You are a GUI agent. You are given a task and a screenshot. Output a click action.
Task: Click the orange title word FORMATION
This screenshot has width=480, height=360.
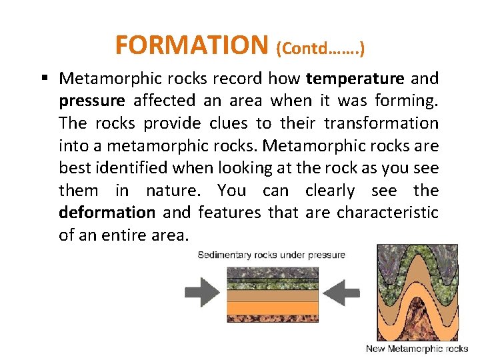pos(191,45)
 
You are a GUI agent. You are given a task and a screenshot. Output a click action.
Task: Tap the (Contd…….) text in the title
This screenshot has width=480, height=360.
pos(319,47)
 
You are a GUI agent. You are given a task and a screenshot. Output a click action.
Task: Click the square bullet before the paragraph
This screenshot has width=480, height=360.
pos(44,79)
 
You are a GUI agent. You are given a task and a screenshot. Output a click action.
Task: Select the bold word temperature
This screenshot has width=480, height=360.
pos(355,79)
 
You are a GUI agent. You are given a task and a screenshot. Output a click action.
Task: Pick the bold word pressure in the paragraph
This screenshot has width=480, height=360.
pos(91,101)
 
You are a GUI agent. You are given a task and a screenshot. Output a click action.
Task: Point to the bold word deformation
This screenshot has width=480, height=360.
pos(107,213)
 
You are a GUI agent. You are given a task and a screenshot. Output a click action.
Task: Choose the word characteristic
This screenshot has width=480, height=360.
pos(387,213)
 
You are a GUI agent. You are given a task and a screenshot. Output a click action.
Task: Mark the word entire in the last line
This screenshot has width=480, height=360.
pos(125,235)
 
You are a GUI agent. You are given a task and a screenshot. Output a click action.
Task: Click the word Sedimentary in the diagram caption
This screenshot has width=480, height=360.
pos(226,255)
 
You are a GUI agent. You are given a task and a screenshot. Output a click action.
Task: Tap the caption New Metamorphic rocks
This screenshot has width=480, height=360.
pos(417,349)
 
